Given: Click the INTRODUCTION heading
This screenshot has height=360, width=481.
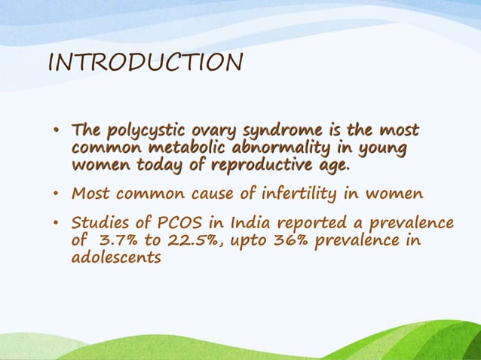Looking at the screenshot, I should coord(145,62).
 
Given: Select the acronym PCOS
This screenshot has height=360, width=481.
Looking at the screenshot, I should coord(177,224).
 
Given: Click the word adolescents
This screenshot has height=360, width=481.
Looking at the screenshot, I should coord(115,258).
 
